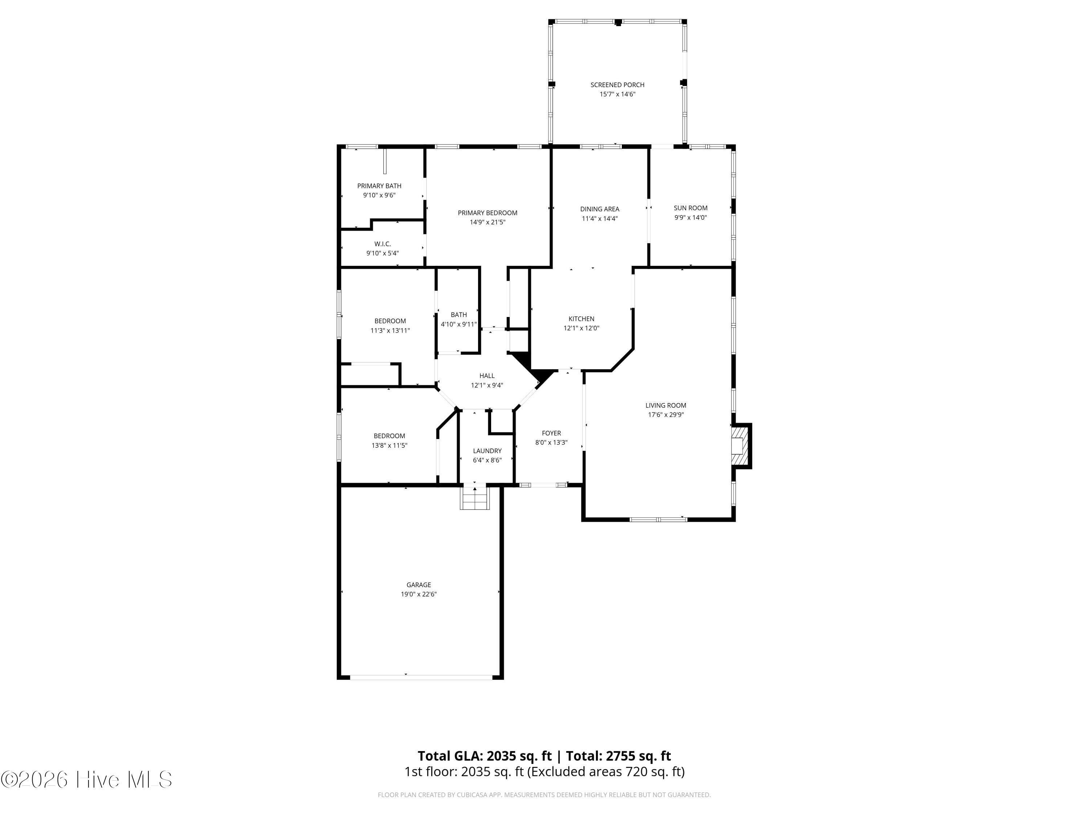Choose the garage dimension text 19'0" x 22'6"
(419, 594)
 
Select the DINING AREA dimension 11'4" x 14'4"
(600, 219)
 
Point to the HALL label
(487, 376)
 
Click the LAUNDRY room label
(488, 451)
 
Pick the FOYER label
(551, 433)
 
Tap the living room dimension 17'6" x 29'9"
(666, 415)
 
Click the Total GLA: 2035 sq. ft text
(485, 756)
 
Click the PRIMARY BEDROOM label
(488, 213)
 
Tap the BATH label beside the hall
(459, 315)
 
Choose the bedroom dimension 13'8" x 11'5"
(389, 446)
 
